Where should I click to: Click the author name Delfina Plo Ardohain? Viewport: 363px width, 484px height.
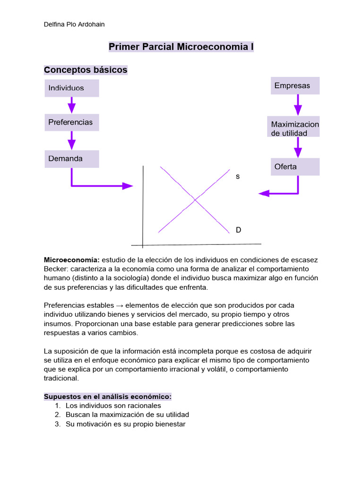click(74, 24)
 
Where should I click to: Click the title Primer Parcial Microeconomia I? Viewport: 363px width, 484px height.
click(181, 47)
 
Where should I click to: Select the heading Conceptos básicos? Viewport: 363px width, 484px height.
click(86, 70)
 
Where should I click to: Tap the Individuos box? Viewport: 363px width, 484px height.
click(72, 88)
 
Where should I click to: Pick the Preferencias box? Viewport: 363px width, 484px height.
click(72, 122)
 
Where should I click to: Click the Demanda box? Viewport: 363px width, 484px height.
click(72, 159)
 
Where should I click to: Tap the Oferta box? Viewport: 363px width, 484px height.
click(295, 167)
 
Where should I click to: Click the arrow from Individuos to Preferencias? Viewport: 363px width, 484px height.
click(71, 105)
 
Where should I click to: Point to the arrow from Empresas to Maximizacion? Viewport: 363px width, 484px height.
click(298, 105)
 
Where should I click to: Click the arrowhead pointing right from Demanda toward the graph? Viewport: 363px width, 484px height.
click(128, 186)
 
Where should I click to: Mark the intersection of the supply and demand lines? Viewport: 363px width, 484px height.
click(195, 200)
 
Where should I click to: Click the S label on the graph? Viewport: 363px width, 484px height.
click(238, 176)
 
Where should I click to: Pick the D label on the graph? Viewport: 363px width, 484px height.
click(238, 230)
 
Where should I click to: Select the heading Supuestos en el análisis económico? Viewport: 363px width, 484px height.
click(107, 396)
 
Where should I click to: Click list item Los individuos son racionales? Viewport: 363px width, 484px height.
click(113, 406)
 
